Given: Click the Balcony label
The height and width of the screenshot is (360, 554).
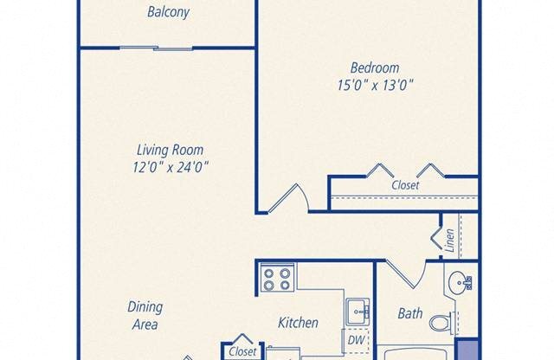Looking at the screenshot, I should tap(168, 13).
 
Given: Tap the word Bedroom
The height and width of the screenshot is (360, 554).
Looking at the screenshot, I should tap(375, 68).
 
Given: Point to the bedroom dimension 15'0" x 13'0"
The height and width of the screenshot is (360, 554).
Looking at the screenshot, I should tap(375, 85).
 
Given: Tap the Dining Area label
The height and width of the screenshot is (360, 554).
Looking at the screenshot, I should tap(144, 316).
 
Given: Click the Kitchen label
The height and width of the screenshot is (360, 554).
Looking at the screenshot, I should tap(298, 323).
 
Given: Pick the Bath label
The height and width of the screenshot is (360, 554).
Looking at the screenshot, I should tap(409, 313).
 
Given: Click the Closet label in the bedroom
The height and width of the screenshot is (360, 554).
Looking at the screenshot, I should tap(404, 185).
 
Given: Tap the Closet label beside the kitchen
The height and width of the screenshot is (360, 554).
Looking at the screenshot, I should tap(242, 352).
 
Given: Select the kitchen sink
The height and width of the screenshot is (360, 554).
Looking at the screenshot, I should tap(357, 310).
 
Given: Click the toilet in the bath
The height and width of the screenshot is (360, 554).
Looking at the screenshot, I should tap(442, 322).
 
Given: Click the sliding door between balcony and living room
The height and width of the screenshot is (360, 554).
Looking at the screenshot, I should tap(156, 48).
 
